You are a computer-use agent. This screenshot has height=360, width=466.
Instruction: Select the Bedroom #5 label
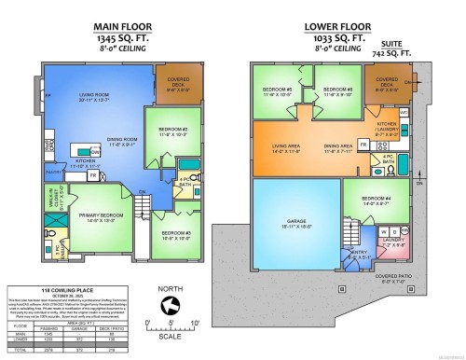278,90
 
